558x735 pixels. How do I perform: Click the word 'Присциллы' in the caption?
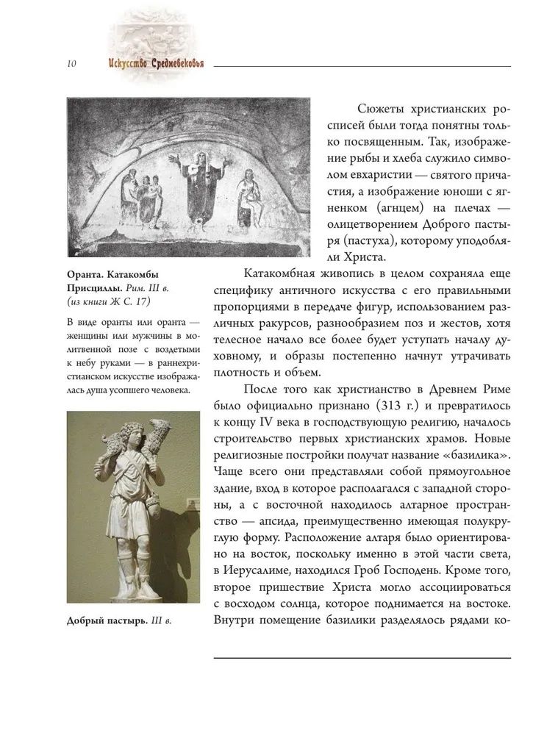(x=95, y=288)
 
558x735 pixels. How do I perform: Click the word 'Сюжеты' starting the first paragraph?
(x=371, y=109)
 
